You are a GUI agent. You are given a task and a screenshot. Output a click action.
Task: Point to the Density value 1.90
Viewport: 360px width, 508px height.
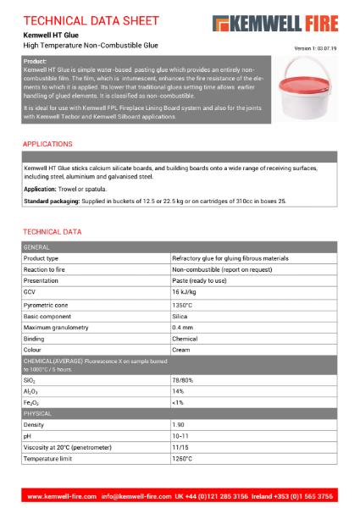tap(179, 424)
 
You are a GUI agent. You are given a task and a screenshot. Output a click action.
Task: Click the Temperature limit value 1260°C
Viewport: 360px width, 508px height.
tap(182, 458)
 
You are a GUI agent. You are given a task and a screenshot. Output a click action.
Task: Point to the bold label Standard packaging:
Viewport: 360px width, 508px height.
tap(50, 201)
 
